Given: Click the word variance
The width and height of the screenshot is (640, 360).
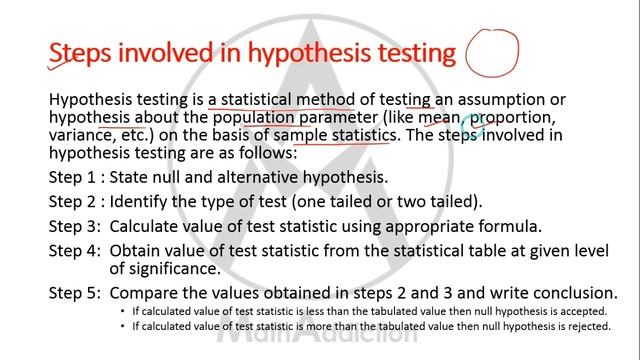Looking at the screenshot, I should (x=79, y=137).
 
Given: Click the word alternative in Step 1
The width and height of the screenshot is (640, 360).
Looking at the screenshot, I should (x=262, y=178).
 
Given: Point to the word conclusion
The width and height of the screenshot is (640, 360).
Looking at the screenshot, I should (x=574, y=293).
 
